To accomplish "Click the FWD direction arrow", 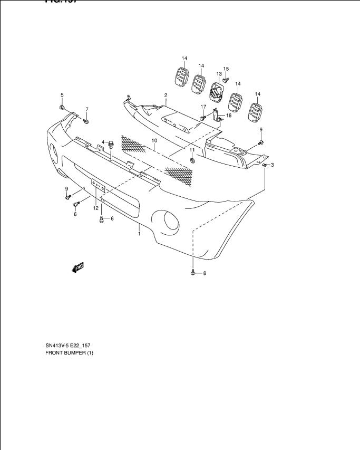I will (x=77, y=268).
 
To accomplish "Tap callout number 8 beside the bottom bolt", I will (x=205, y=273).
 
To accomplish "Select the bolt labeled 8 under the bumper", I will (x=193, y=273).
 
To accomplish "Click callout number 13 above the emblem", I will (x=219, y=74).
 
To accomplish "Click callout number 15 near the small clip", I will (x=226, y=69).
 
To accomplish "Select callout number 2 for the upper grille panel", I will (x=166, y=95).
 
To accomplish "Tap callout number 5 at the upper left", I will (x=62, y=95).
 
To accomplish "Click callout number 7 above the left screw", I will (x=87, y=109).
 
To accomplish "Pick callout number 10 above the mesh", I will (x=154, y=141).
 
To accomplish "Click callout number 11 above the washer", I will (x=192, y=150).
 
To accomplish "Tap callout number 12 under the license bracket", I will (x=96, y=208).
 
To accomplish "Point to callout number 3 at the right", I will (x=272, y=165).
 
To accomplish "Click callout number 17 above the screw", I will (x=203, y=107).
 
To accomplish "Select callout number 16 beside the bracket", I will (x=229, y=115).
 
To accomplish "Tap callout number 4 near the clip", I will (x=104, y=142).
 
